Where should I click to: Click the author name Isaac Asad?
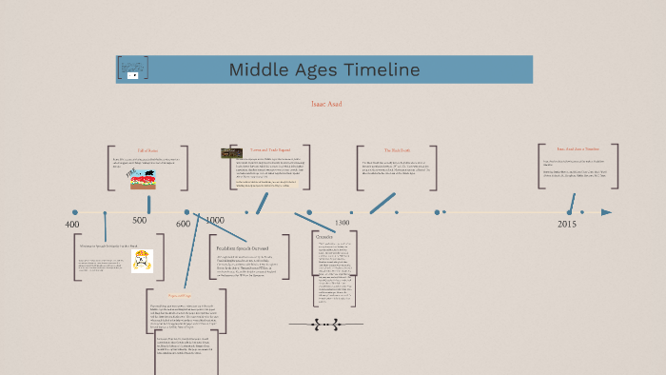(x=325, y=104)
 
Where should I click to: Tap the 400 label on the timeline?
(x=72, y=224)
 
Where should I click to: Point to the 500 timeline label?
(x=141, y=220)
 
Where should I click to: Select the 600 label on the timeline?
(x=183, y=224)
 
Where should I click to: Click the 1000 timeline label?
(x=215, y=220)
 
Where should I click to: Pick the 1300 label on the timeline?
(x=342, y=223)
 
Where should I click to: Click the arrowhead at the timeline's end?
(x=606, y=212)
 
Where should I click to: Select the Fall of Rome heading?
(x=147, y=150)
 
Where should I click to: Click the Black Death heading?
(x=396, y=150)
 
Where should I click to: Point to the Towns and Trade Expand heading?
(x=269, y=150)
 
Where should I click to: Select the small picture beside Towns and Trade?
(x=229, y=153)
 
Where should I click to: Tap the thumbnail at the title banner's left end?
(x=132, y=69)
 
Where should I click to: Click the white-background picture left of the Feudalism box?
(x=143, y=261)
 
